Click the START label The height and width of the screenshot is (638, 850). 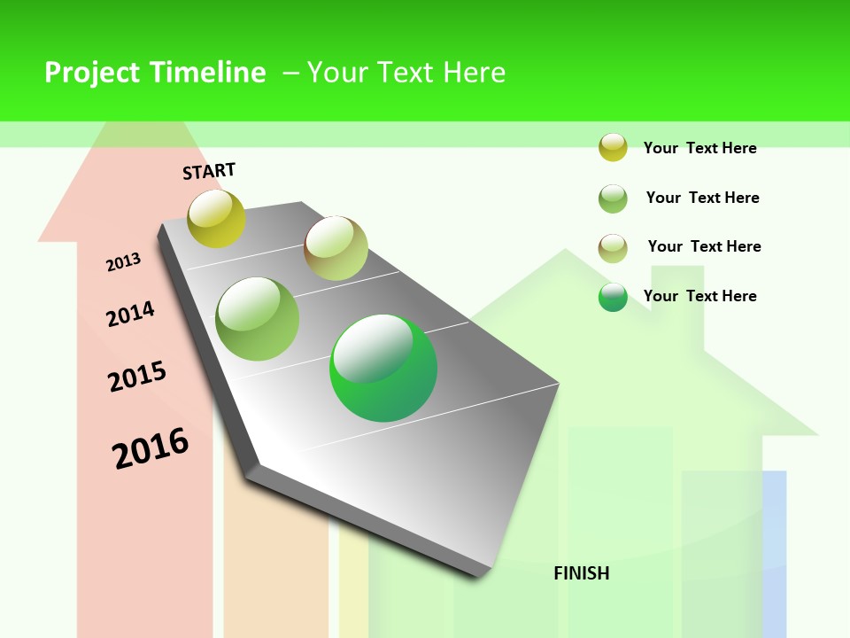(209, 171)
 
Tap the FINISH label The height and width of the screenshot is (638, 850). (582, 573)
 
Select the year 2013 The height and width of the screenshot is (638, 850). (123, 262)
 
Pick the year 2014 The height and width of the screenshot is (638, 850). (130, 315)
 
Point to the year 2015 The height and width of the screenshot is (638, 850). (137, 377)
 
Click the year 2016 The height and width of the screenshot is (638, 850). (151, 447)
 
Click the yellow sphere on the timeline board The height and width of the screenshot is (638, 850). (216, 218)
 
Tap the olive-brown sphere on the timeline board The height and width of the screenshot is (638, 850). (336, 248)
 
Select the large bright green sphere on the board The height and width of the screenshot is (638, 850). (383, 368)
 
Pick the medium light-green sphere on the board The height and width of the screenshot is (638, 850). (258, 319)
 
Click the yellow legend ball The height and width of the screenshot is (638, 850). (613, 147)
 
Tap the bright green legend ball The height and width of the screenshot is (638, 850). (613, 297)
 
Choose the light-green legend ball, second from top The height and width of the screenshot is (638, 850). (613, 198)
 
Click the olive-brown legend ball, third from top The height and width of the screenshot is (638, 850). (613, 248)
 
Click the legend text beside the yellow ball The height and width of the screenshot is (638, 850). (699, 148)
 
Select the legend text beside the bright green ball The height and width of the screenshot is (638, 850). (699, 296)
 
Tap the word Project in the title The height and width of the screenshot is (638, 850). (92, 73)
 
